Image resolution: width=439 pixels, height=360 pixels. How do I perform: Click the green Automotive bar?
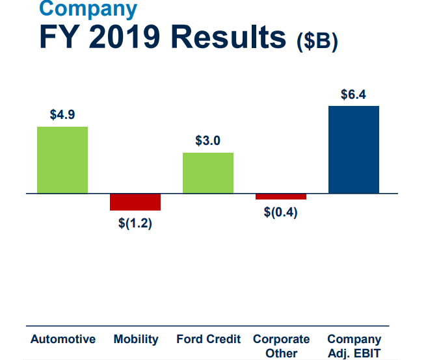pos(62,160)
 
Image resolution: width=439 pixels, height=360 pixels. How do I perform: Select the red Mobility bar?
pos(135,202)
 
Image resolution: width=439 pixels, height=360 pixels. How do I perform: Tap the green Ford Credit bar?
pos(208,173)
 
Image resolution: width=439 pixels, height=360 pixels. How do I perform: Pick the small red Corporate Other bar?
pos(281,196)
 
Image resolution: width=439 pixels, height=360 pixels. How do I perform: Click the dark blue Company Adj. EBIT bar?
pos(354,149)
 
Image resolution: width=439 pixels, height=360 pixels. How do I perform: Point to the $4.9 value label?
pos(62,114)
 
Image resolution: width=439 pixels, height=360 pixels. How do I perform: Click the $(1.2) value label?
pos(135,225)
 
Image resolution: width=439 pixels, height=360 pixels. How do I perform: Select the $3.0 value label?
pos(208,140)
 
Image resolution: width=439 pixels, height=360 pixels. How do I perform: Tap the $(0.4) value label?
pos(281,213)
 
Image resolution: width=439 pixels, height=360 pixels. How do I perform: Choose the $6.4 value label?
pos(354,94)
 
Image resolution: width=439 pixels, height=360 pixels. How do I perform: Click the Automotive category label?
pos(63,339)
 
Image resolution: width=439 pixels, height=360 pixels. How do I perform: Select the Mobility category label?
pos(136,339)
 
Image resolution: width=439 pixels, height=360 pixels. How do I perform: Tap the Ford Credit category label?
pos(209,339)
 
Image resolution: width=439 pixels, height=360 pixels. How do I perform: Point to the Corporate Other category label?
pos(282,346)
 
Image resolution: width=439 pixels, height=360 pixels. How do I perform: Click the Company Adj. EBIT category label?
pos(354,346)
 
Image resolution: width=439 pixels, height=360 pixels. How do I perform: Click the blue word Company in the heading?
pos(88,8)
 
